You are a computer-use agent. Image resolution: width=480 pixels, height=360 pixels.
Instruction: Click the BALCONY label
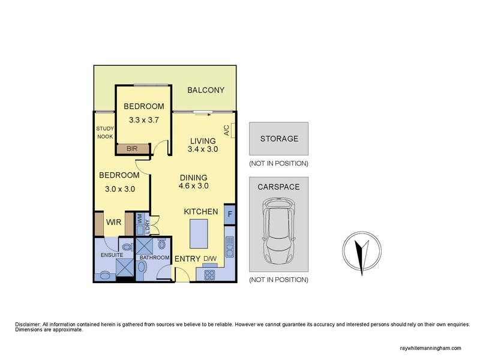click(205, 91)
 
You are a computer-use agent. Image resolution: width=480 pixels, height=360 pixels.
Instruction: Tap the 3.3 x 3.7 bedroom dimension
click(143, 120)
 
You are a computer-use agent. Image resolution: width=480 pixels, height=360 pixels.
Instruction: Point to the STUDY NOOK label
click(104, 133)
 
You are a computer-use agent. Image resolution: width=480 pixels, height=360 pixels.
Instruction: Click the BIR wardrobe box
click(132, 148)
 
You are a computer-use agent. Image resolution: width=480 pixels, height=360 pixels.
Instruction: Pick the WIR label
click(114, 223)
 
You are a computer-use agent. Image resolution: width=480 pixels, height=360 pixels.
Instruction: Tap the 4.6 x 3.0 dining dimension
click(193, 186)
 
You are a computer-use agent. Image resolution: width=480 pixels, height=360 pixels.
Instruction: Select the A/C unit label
click(226, 130)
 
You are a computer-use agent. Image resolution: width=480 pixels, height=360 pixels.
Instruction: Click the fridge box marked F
click(229, 214)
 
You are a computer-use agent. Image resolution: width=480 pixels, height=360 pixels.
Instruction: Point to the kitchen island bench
click(200, 233)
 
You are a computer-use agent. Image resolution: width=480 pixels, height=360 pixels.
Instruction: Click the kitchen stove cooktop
click(211, 275)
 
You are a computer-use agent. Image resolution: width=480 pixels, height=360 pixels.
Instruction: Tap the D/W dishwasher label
click(210, 259)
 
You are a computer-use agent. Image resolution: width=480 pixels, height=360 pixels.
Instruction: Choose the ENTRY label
click(187, 259)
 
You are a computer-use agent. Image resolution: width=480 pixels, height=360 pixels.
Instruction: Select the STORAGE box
click(278, 139)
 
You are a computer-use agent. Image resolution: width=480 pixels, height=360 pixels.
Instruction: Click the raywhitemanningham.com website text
click(430, 348)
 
